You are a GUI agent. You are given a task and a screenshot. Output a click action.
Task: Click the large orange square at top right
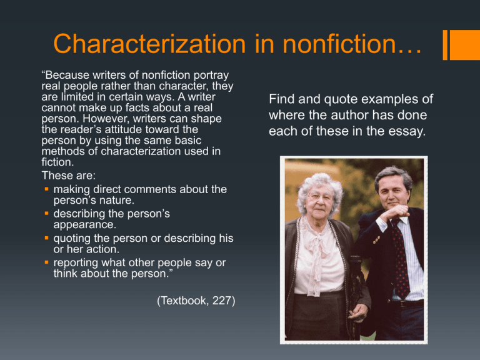pos(465,45)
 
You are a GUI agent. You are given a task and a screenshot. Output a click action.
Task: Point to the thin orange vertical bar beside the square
pos(445,45)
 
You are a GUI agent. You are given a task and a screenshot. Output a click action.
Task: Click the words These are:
pos(69,176)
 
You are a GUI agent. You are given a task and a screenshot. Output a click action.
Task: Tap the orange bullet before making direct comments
pos(46,189)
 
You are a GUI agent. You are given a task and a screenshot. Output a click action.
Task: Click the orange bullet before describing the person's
pos(46,213)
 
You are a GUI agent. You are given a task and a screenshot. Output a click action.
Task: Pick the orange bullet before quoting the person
pos(46,237)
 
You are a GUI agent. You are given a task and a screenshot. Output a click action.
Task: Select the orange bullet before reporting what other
pos(46,262)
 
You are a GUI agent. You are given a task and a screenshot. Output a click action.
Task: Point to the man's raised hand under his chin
pos(395,212)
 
